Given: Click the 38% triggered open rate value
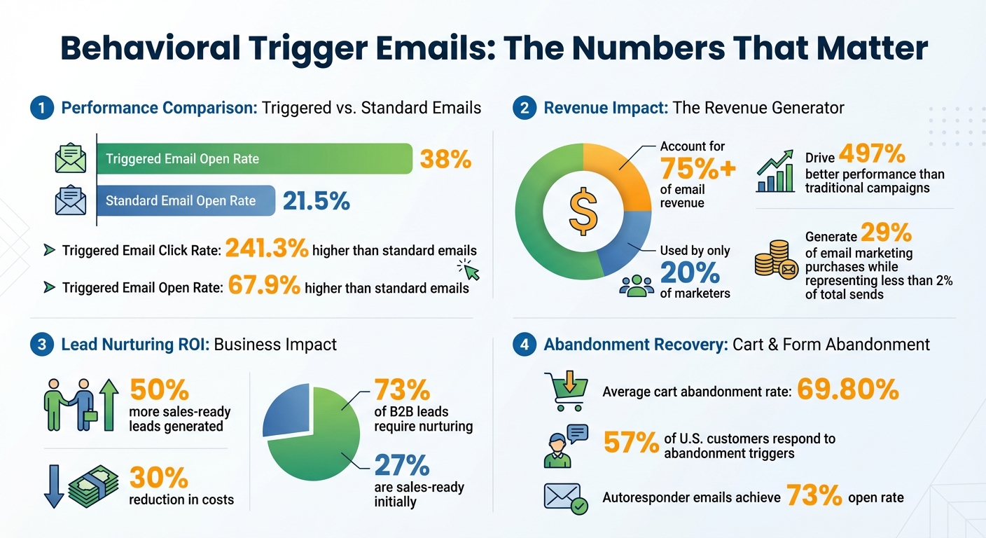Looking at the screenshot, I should coord(445,159).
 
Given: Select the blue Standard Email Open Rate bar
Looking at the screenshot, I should coord(186,201).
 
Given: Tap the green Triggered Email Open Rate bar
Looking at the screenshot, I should coord(254,159).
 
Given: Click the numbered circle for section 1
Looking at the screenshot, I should coord(42,108).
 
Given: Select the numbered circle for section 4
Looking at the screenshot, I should coord(525,345).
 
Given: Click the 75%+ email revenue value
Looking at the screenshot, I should coord(697,169).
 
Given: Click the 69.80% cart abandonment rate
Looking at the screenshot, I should coord(847,389).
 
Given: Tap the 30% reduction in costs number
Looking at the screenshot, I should coord(159,478).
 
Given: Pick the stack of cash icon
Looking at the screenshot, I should coord(90,484).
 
